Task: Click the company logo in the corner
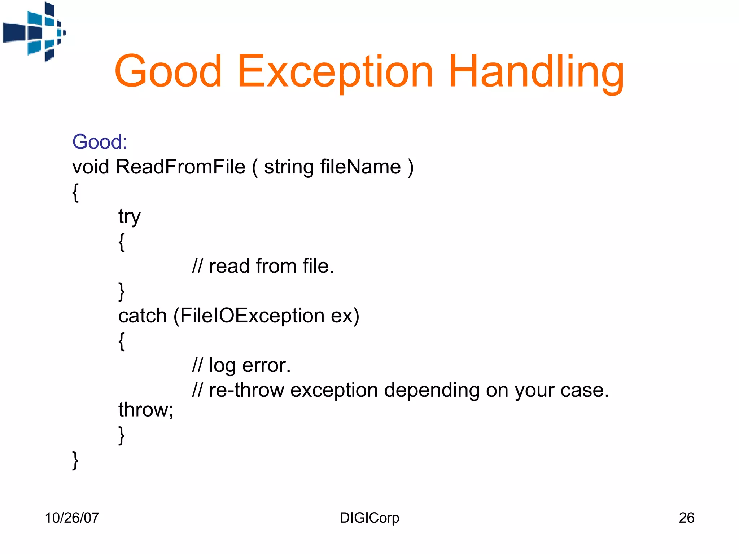pyautogui.click(x=34, y=32)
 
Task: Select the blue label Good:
pyautogui.click(x=100, y=142)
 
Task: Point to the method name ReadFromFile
pyautogui.click(x=180, y=167)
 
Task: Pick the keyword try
pyautogui.click(x=129, y=217)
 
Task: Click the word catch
pyautogui.click(x=142, y=316)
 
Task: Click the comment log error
pyautogui.click(x=249, y=365)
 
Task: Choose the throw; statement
pyautogui.click(x=146, y=410)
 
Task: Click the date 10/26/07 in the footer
pyautogui.click(x=72, y=518)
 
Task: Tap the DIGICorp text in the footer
pyautogui.click(x=369, y=518)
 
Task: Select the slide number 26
pyautogui.click(x=686, y=518)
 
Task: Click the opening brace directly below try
pyautogui.click(x=122, y=242)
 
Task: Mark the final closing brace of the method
pyautogui.click(x=75, y=460)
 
